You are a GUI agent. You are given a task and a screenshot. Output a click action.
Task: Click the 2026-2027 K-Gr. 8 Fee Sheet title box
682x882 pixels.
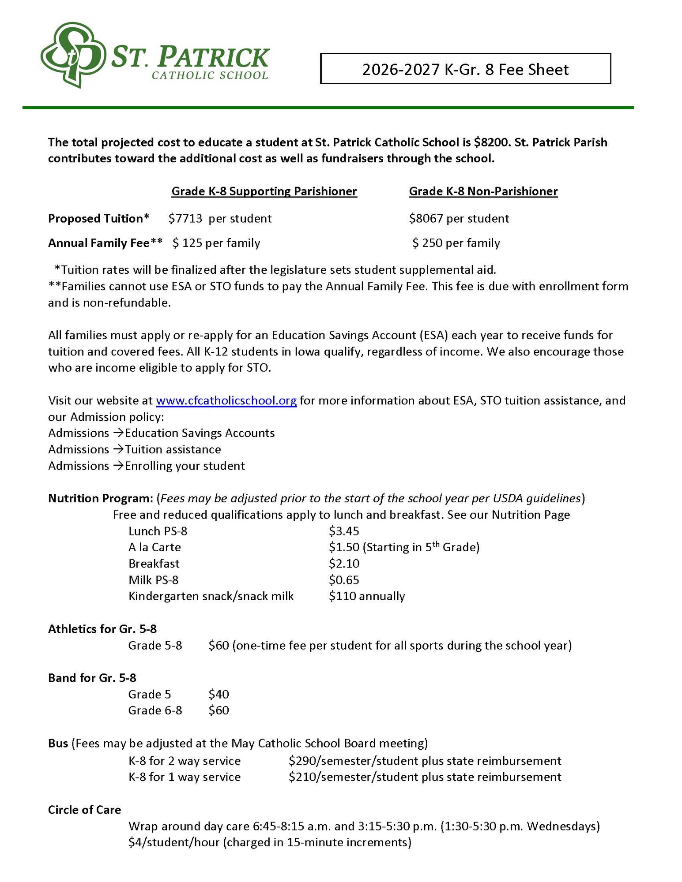click(465, 69)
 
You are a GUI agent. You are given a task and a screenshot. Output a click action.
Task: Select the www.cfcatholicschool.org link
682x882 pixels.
click(226, 401)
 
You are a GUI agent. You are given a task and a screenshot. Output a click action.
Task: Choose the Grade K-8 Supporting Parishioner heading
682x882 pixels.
click(264, 191)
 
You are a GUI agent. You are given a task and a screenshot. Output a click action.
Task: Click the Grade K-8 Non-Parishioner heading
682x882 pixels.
click(483, 191)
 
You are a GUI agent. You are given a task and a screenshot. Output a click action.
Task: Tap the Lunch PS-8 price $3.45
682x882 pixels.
click(343, 531)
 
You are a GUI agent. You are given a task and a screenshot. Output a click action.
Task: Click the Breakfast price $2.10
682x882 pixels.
click(343, 564)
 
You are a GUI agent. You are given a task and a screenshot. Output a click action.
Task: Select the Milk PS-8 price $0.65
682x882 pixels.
click(343, 580)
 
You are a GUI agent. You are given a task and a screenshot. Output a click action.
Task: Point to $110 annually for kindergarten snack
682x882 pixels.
click(366, 597)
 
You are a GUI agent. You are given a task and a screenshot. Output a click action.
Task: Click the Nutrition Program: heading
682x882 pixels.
click(100, 499)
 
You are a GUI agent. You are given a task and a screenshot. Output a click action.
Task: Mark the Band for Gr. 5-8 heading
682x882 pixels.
click(92, 678)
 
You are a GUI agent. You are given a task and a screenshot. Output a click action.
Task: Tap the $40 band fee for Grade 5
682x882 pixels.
click(219, 695)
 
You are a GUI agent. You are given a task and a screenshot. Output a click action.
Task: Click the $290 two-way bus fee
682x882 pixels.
click(302, 761)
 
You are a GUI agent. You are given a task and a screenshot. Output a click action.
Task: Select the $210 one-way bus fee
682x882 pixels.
click(302, 777)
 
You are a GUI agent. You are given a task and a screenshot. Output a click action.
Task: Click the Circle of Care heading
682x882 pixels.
click(84, 810)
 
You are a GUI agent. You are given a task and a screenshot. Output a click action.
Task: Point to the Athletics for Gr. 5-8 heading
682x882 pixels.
click(102, 629)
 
